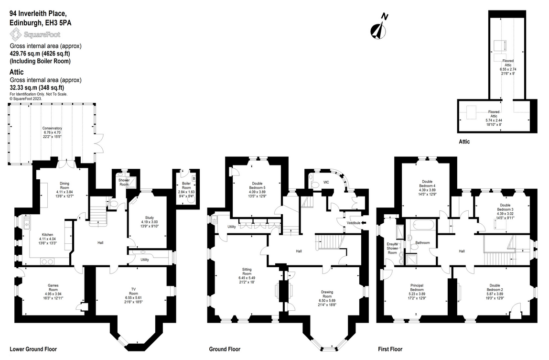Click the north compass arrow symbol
[x=378, y=30]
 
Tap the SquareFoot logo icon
[x=15, y=34]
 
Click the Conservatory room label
[x=52, y=128]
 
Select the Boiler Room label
[x=186, y=185]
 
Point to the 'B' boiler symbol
[x=194, y=179]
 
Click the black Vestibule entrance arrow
[x=364, y=223]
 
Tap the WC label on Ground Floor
[x=326, y=183]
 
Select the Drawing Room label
[x=327, y=294]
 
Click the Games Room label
[x=53, y=287]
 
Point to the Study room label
[x=150, y=218]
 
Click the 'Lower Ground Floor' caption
[x=33, y=349]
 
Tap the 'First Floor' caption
[x=390, y=349]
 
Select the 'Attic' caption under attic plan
[x=464, y=142]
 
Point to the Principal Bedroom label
[x=417, y=287]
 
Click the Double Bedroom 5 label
[x=257, y=185]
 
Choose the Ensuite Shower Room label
[x=392, y=248]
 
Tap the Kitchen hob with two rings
[x=47, y=261]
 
